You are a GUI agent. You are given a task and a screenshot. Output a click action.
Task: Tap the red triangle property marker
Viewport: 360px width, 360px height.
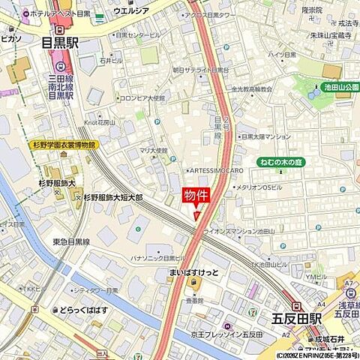coord(198,215)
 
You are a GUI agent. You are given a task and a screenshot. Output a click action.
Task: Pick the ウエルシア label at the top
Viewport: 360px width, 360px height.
coord(131,11)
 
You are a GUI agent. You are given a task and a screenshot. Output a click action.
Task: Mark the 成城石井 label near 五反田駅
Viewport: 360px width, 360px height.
coord(328,339)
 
